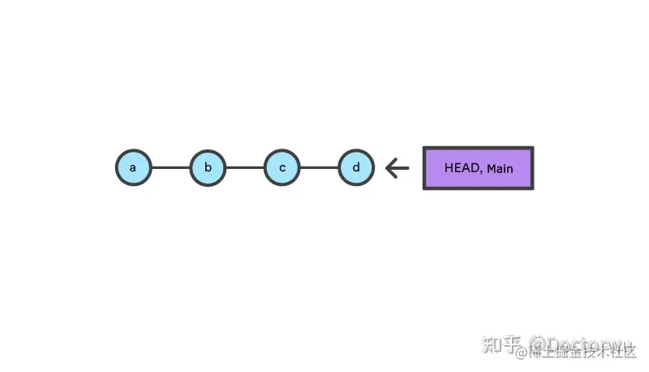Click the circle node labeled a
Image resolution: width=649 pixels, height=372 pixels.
(133, 168)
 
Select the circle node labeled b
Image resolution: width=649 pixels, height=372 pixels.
(208, 168)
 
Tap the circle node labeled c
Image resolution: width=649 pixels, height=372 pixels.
(282, 168)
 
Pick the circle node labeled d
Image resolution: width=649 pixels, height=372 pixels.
(356, 168)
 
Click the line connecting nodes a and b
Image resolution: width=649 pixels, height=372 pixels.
(170, 168)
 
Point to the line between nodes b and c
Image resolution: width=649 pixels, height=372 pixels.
(245, 168)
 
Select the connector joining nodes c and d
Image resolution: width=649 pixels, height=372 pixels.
(320, 168)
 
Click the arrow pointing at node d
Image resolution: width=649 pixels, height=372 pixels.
(398, 168)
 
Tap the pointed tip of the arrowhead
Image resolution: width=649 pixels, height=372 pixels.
(387, 168)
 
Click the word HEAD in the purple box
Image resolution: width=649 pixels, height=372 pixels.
(461, 168)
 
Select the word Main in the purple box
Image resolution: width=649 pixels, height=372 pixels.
(500, 168)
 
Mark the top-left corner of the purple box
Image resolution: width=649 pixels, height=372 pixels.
(424, 148)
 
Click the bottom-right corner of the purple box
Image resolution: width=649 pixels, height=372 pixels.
(532, 188)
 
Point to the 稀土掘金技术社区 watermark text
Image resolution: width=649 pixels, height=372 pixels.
(581, 353)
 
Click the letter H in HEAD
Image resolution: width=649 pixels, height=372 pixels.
(449, 168)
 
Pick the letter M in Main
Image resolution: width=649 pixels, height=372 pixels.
(491, 168)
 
